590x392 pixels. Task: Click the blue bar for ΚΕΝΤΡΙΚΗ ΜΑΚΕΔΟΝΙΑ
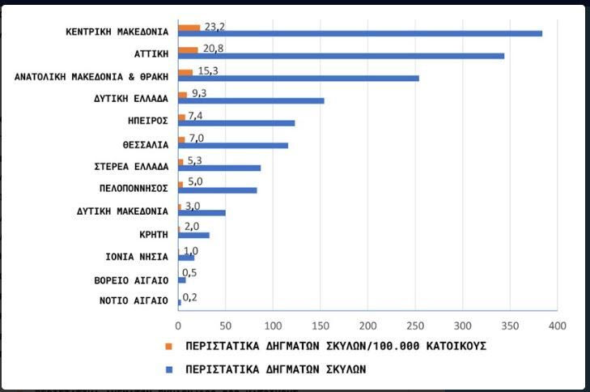coord(360,33)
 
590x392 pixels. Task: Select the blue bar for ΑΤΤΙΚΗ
coord(341,56)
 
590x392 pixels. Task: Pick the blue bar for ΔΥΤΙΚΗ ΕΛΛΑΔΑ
coord(251,100)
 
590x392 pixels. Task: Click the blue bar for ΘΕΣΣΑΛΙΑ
coord(233,146)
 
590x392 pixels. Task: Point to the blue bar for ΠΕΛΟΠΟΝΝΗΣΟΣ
coord(218,190)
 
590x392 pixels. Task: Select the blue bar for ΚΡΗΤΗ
coord(193,235)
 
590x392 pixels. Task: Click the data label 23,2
coord(214,26)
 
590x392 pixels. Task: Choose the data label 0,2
coord(191,297)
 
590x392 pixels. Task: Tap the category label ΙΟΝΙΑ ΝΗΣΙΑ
coord(137,257)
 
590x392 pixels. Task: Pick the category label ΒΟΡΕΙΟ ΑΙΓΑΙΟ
coord(131,279)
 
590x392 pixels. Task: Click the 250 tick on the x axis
coord(415,326)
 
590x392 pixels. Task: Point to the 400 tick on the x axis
coord(558,326)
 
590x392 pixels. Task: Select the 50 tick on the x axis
coord(226,326)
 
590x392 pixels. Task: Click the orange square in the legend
coord(169,346)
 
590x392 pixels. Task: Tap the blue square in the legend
coord(169,368)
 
